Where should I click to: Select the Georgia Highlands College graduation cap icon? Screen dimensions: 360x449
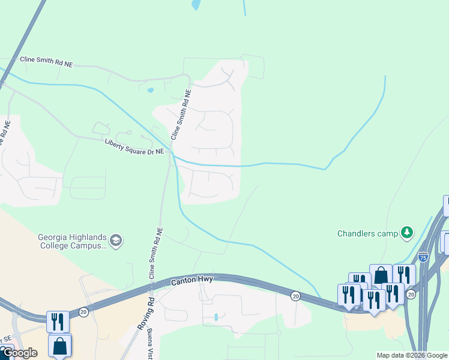coord(115,241)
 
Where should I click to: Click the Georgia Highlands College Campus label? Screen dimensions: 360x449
coord(73,241)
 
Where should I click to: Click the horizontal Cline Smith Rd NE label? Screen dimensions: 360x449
coord(46,61)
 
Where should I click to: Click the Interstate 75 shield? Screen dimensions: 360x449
coord(423,257)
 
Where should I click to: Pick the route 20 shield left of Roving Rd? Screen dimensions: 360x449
coord(83,312)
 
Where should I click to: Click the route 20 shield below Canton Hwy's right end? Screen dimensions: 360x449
coord(295,296)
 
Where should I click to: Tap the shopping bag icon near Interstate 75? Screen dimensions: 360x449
coord(381,275)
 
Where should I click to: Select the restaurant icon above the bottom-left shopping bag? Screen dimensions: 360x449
coord(58,321)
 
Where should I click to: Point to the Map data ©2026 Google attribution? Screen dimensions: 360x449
coord(412,355)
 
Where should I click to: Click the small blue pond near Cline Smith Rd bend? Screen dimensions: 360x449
coord(150,91)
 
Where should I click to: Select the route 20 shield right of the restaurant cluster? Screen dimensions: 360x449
coord(411,294)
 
